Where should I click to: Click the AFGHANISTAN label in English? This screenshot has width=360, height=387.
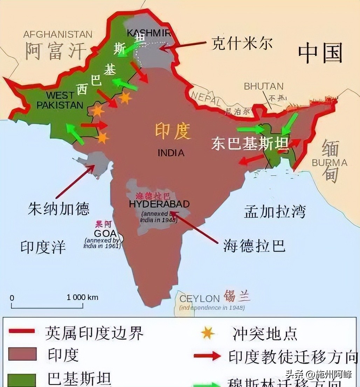click(x=58, y=34)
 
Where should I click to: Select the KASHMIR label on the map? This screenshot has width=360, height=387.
click(x=148, y=33)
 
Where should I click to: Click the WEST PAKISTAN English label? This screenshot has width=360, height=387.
click(x=60, y=100)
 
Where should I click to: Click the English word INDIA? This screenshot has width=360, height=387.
click(x=171, y=153)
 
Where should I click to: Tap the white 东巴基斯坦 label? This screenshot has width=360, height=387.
click(x=250, y=144)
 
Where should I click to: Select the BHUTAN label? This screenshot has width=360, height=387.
click(x=264, y=86)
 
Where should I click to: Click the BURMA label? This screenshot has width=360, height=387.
click(x=330, y=163)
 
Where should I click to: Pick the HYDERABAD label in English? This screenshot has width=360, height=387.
click(x=159, y=204)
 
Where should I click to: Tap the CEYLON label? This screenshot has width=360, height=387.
click(x=199, y=299)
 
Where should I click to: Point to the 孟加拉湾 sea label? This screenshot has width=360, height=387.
click(x=275, y=212)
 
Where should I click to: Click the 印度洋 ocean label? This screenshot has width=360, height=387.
click(x=43, y=247)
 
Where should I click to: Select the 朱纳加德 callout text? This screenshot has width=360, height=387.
click(x=58, y=209)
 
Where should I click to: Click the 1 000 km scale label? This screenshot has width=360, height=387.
click(x=82, y=297)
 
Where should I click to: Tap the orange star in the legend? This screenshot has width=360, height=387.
click(x=208, y=333)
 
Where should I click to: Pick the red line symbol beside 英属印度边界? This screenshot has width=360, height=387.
click(x=22, y=331)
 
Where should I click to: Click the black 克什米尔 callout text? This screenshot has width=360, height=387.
click(x=242, y=44)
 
